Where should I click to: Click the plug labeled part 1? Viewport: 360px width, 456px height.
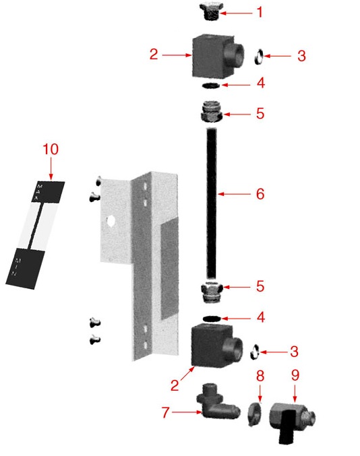coord(211,11)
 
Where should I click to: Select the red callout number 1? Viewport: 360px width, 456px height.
coord(260,12)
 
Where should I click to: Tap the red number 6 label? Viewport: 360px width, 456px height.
coord(260,194)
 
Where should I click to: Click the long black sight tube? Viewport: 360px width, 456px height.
coord(212,203)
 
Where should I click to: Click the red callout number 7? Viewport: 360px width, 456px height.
coord(166,412)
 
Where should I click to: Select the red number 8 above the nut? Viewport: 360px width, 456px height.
coord(260,375)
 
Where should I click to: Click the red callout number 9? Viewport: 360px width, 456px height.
coord(295,375)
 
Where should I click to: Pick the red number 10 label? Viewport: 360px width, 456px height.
coord(51,149)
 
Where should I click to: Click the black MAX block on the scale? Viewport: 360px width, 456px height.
coord(48,192)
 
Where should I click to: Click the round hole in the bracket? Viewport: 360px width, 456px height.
coord(111,221)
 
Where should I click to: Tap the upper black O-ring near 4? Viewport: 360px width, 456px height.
coord(211,86)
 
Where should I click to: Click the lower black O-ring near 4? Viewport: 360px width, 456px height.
coord(212,319)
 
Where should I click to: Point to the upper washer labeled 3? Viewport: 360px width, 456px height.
coord(259,57)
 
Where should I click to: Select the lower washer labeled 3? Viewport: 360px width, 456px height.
coord(255,352)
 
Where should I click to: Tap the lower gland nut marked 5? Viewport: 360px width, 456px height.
coord(212,292)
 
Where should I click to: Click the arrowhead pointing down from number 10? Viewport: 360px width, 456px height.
coord(51,177)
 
